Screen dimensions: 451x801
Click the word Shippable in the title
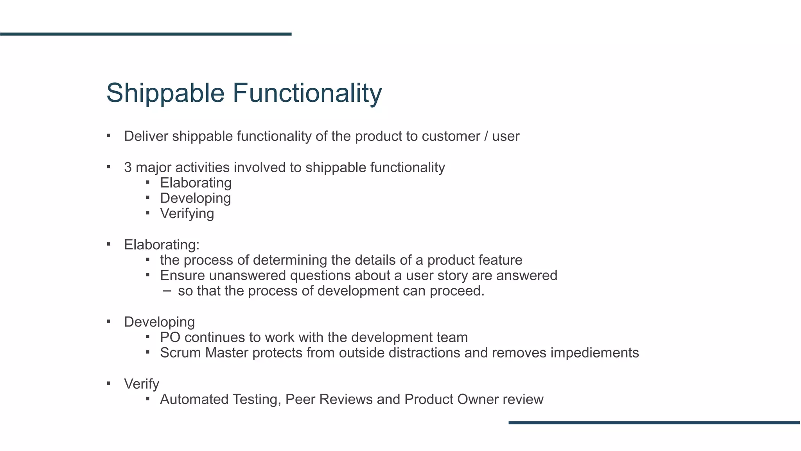pyautogui.click(x=165, y=93)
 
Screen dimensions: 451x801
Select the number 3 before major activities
pyautogui.click(x=128, y=168)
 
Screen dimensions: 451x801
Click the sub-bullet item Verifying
pyautogui.click(x=187, y=214)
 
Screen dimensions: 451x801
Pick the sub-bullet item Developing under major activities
pyautogui.click(x=195, y=198)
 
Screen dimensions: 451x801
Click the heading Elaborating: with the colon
pyautogui.click(x=162, y=245)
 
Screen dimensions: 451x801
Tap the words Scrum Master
pyautogui.click(x=204, y=353)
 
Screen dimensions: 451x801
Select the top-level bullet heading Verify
pyautogui.click(x=141, y=384)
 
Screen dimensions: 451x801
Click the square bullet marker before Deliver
pyautogui.click(x=109, y=136)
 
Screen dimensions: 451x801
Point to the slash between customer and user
pyautogui.click(x=486, y=136)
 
